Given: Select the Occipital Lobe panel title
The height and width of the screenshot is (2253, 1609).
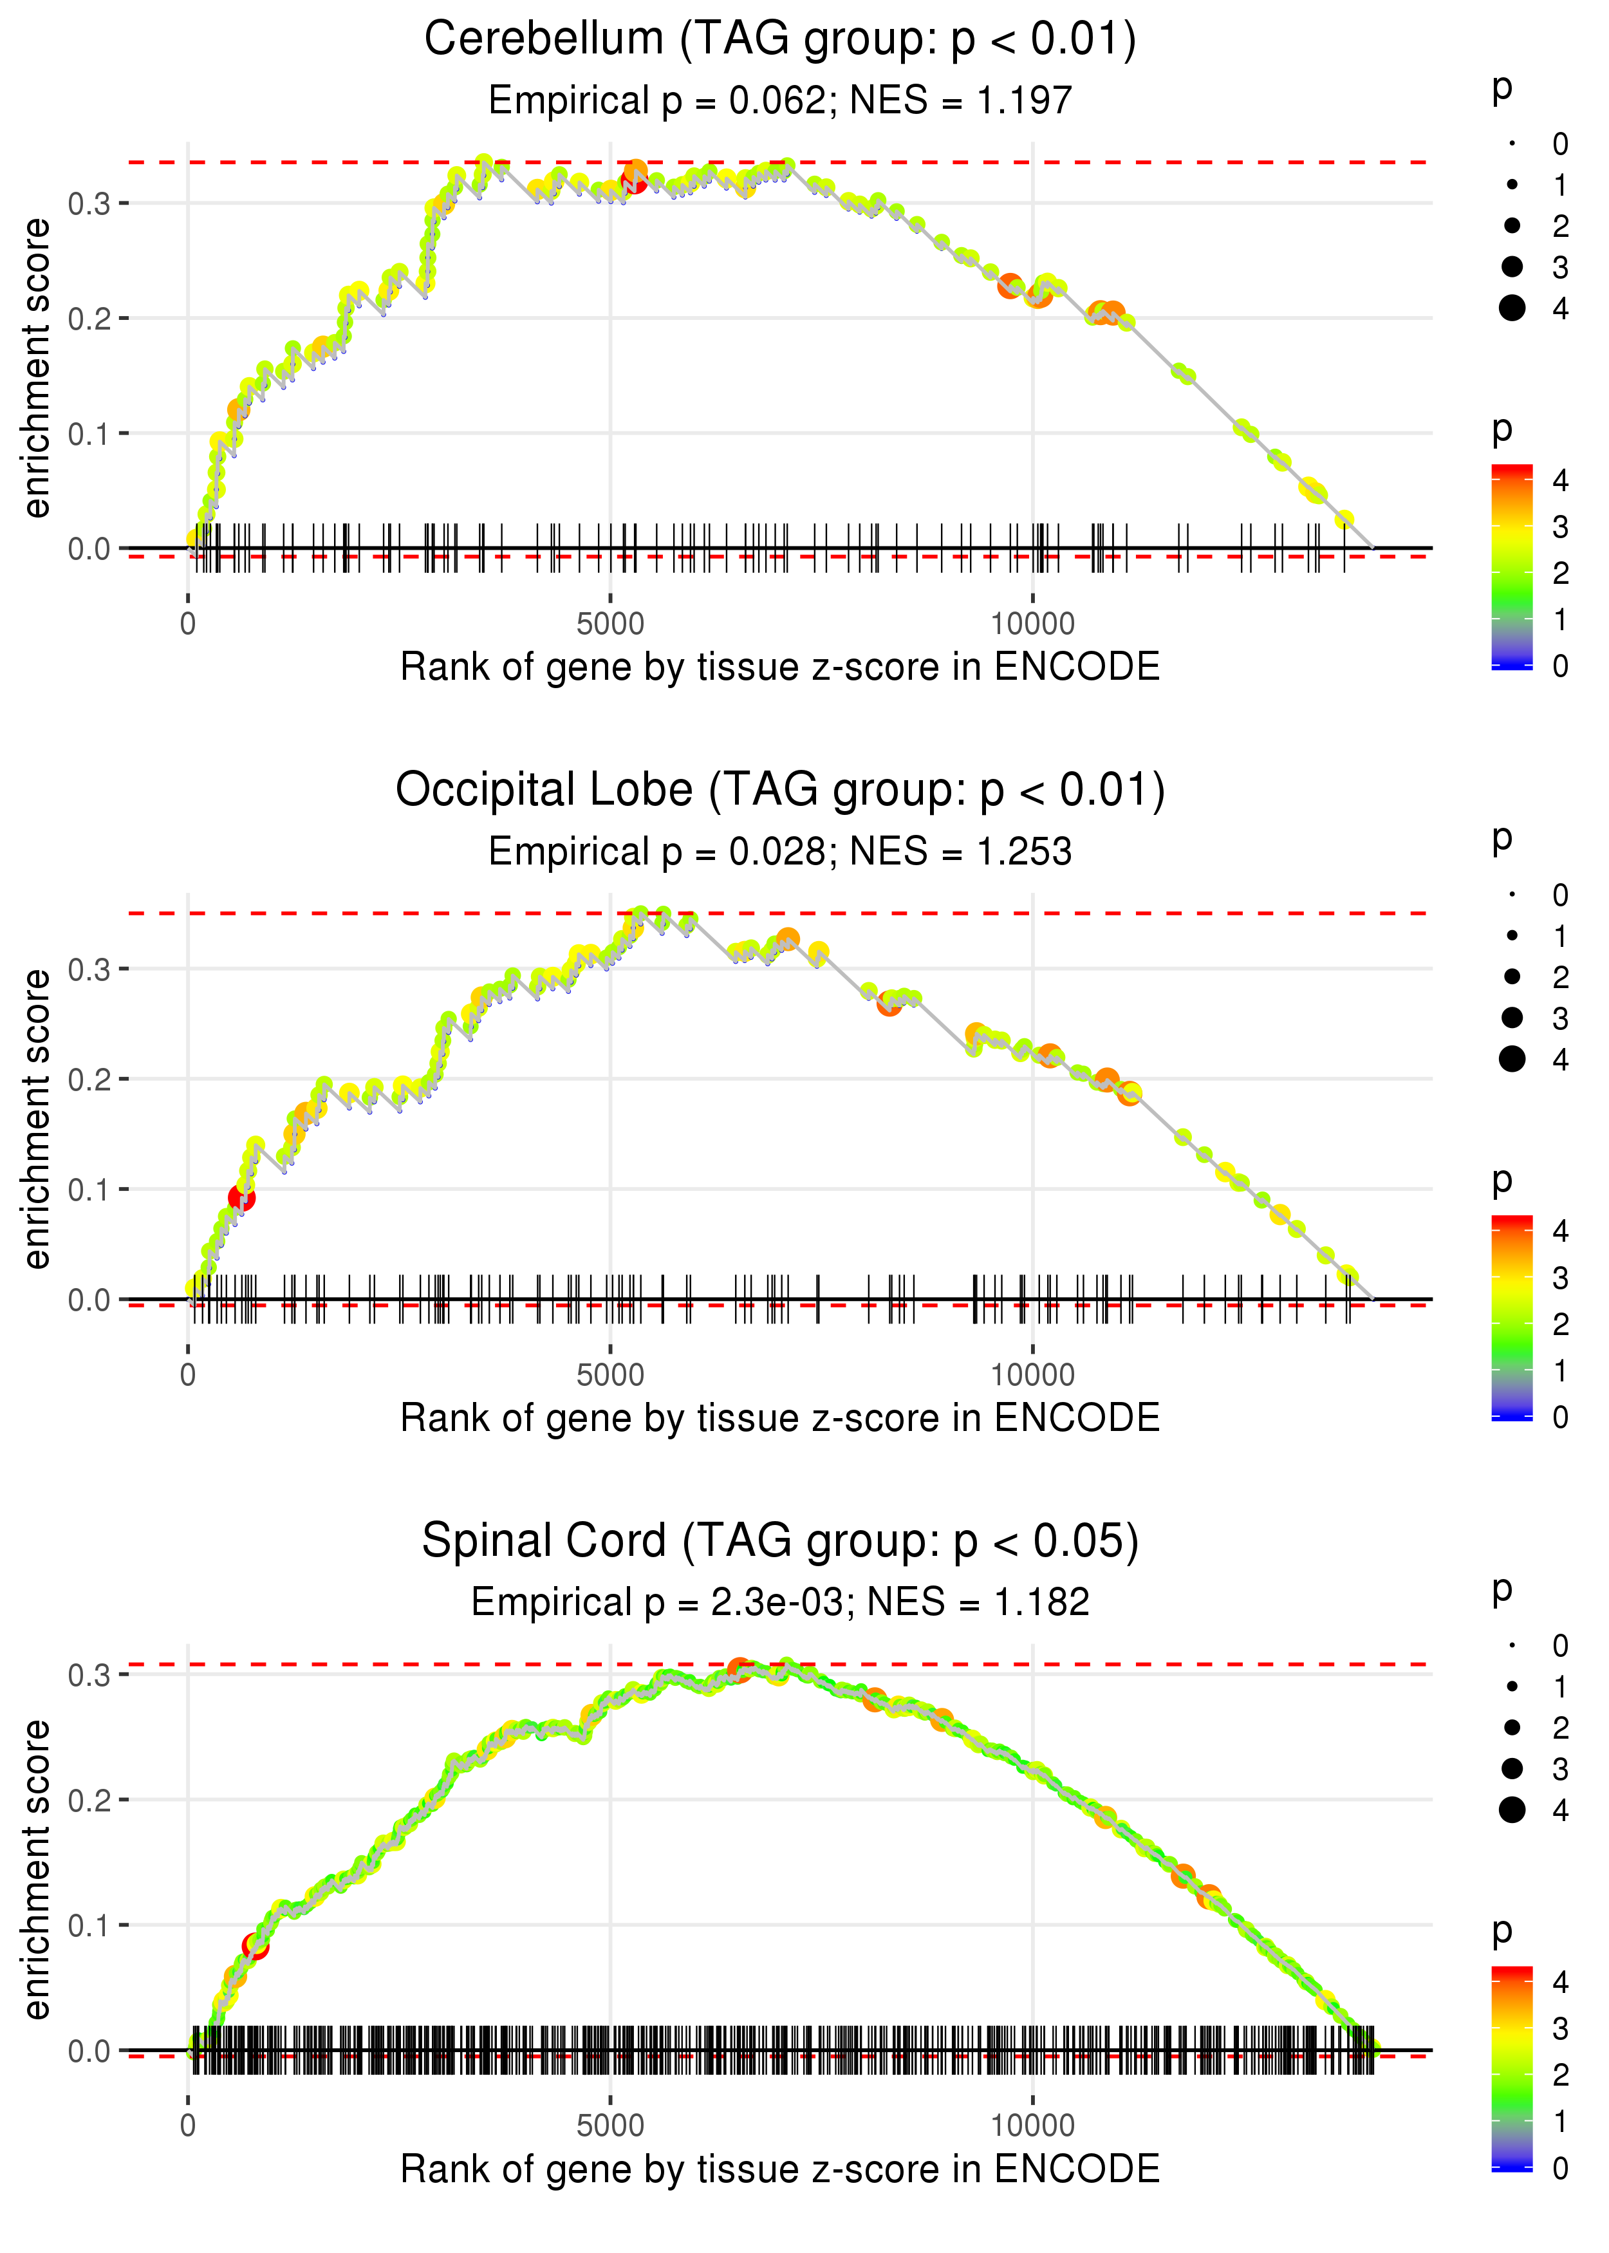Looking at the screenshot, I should [780, 790].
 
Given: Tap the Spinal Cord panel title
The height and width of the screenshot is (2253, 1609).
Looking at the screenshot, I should [780, 1540].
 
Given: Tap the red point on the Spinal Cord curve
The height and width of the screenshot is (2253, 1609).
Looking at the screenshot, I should [255, 1947].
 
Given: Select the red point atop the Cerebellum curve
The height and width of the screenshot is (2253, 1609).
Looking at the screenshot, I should [633, 180].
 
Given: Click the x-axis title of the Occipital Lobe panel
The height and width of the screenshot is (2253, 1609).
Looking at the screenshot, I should [780, 1418].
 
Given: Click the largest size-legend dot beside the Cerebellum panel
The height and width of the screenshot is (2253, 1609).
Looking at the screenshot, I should [1512, 308].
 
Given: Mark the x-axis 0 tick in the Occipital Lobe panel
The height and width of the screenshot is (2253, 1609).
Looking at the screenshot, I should [188, 1374].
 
